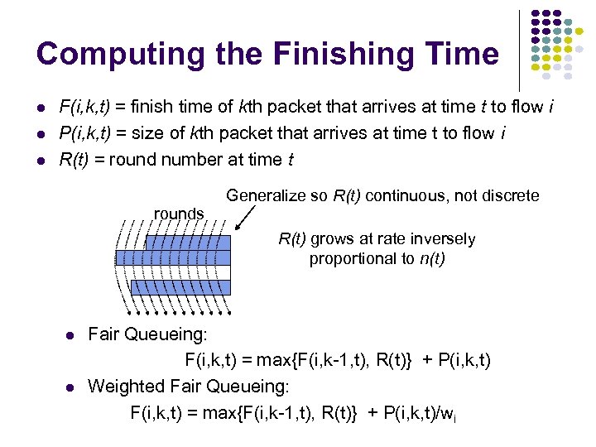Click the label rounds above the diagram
[179, 214]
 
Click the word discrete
[510, 196]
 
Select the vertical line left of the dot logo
[519, 50]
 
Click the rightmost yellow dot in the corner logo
[590, 31]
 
